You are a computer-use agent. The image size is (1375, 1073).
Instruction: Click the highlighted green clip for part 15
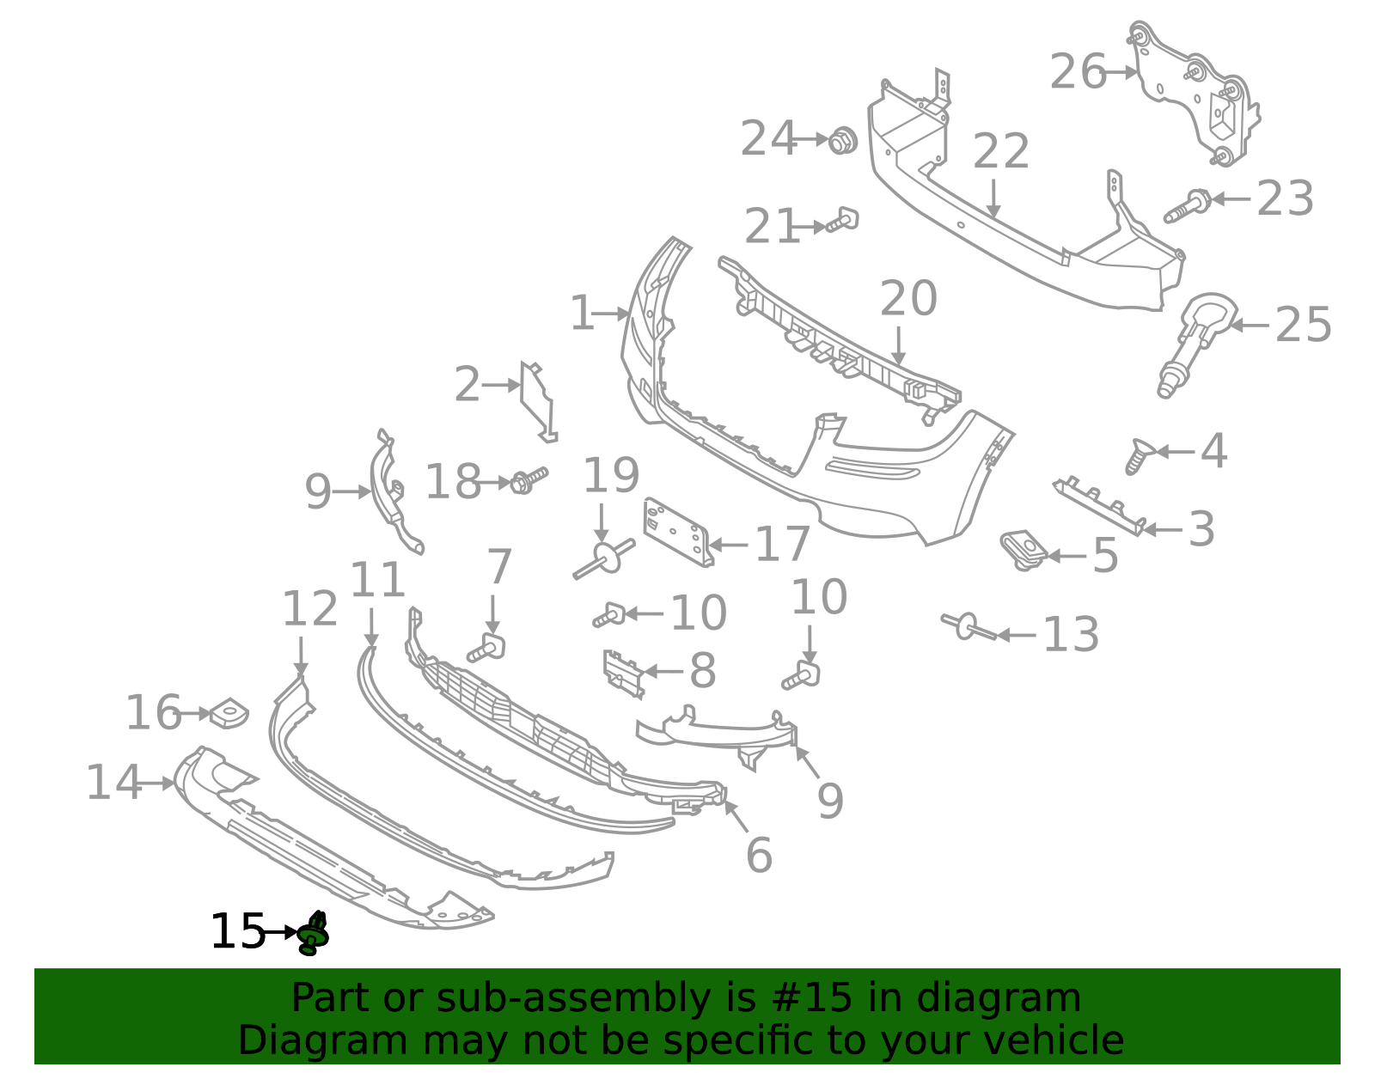313,934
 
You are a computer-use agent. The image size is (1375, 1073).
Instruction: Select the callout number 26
1078,71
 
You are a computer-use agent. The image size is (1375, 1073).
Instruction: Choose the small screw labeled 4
1139,454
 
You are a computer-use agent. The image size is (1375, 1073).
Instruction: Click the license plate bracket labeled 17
677,532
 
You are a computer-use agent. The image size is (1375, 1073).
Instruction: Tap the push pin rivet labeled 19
604,558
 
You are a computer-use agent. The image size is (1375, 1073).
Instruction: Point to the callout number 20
907,299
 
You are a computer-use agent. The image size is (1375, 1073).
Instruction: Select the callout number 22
1000,152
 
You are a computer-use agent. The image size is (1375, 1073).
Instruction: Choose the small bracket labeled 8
623,672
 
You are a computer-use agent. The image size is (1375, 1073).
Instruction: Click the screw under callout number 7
487,649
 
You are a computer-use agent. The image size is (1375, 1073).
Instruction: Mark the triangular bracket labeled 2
537,399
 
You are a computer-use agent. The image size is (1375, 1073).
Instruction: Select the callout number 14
113,783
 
